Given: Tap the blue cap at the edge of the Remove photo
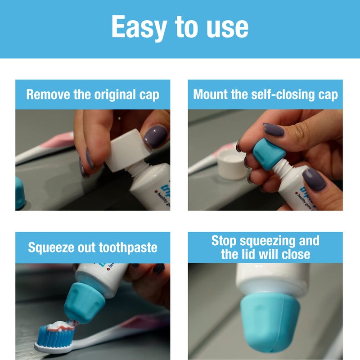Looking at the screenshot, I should [x=20, y=193].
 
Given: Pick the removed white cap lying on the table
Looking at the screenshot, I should [x=231, y=165].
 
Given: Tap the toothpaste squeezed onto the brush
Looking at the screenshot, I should [x=58, y=325].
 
